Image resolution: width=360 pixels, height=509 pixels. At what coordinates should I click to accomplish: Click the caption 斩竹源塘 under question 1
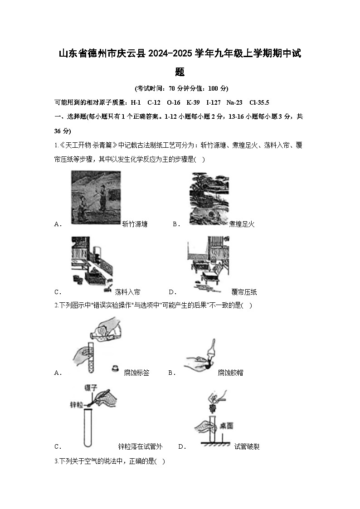tap(135, 224)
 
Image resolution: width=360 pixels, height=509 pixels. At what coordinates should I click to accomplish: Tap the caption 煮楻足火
tap(242, 224)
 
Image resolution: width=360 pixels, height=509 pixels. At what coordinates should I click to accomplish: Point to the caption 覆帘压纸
tap(244, 292)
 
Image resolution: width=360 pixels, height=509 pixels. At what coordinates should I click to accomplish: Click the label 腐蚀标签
tap(136, 373)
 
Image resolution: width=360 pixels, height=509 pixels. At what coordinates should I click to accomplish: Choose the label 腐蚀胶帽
tap(230, 373)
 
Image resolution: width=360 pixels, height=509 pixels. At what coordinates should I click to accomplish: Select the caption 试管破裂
tap(247, 446)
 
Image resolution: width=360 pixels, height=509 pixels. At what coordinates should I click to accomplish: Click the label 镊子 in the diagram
tap(91, 388)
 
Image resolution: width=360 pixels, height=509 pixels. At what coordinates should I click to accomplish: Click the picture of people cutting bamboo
tap(96, 197)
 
